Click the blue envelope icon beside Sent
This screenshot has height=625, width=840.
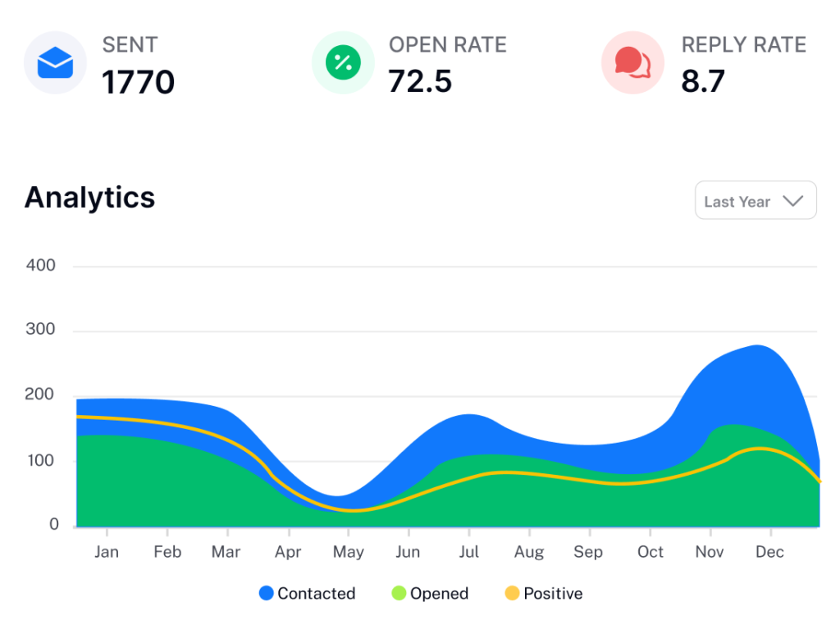click(55, 62)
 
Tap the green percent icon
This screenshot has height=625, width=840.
click(343, 62)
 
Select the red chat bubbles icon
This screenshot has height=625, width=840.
click(632, 62)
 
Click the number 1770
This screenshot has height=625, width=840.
click(138, 83)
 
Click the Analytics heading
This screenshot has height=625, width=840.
click(90, 198)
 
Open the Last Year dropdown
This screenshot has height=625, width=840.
click(756, 201)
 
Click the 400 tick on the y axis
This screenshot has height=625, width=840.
click(40, 266)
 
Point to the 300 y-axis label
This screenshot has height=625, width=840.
click(40, 331)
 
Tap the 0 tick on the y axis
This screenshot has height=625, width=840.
click(54, 525)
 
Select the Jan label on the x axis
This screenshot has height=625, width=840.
click(107, 552)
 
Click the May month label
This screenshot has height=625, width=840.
click(348, 552)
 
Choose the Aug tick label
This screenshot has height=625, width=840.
click(529, 552)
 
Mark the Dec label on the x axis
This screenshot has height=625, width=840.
click(769, 552)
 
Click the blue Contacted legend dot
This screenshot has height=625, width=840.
click(267, 593)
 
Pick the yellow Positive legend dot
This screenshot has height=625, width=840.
click(512, 593)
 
